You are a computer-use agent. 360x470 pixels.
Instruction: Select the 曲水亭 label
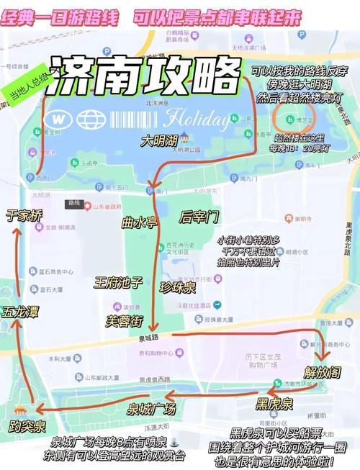(138, 222)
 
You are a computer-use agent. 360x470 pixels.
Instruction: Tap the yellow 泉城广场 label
(151, 410)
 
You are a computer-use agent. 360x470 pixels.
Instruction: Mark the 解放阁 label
(320, 372)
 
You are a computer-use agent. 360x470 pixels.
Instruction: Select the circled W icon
(60, 118)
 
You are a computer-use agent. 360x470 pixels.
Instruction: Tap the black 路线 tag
(73, 203)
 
